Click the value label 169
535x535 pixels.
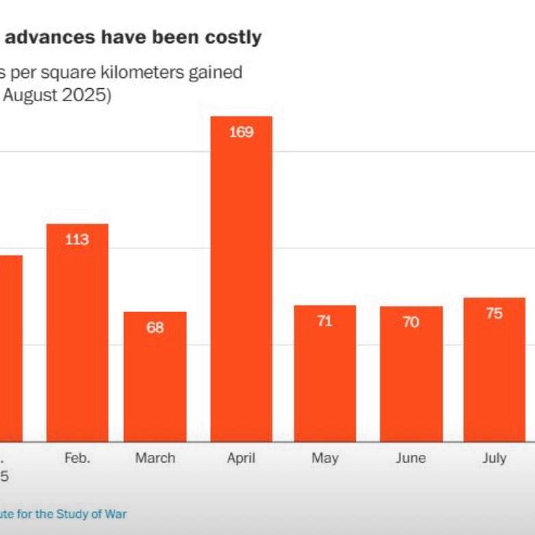click(x=241, y=132)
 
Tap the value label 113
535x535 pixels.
click(x=77, y=239)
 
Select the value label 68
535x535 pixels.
click(x=155, y=328)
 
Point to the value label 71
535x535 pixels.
click(x=325, y=321)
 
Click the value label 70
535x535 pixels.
click(x=411, y=322)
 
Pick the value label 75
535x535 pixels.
click(x=494, y=313)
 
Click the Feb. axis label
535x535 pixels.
click(x=77, y=458)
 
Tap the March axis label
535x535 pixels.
click(x=155, y=458)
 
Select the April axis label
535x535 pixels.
click(x=241, y=458)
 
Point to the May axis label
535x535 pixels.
click(x=325, y=458)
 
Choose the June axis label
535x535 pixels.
click(x=411, y=458)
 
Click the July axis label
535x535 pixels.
click(x=494, y=458)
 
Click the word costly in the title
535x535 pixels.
click(x=234, y=37)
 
